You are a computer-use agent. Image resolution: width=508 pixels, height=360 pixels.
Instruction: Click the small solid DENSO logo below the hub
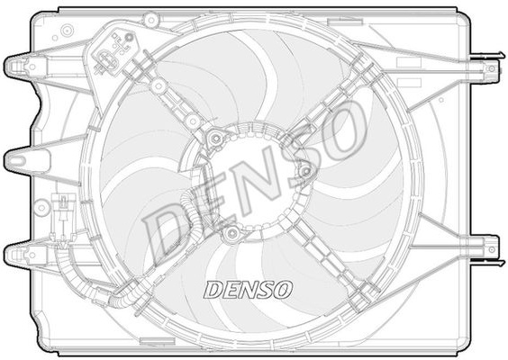(x=248, y=290)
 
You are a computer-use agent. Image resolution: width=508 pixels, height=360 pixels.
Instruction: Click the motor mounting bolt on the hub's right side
(x=304, y=172)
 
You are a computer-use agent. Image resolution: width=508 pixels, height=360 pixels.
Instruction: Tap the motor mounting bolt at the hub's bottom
(x=232, y=233)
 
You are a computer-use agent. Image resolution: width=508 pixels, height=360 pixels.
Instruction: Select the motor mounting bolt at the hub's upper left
(x=215, y=139)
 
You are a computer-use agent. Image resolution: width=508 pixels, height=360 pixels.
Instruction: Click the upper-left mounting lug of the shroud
(x=25, y=67)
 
